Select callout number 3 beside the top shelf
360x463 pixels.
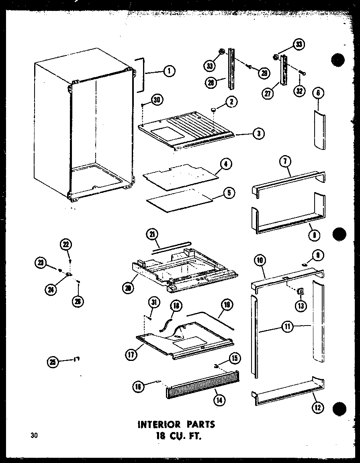pos(259,134)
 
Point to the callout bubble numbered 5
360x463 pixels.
pos(229,193)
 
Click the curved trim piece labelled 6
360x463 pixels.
pos(319,131)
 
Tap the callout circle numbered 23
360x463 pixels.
pos(41,262)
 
